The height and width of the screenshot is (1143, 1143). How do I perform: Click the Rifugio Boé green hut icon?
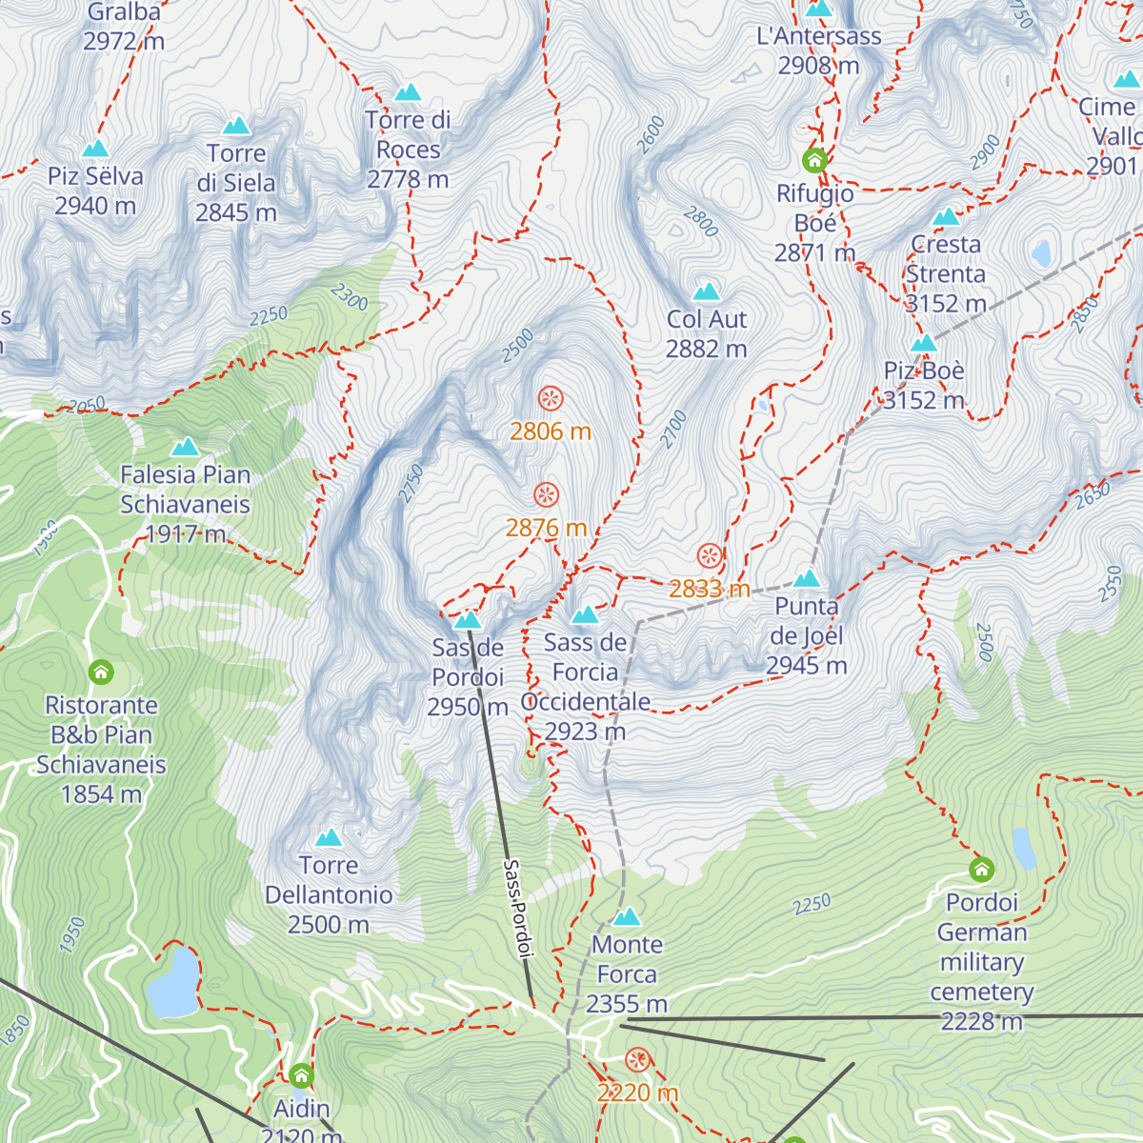(x=814, y=159)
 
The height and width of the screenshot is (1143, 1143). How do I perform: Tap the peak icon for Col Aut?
(x=707, y=291)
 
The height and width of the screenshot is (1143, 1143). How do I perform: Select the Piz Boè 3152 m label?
(x=924, y=385)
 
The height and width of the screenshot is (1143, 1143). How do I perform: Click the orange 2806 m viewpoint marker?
(x=550, y=398)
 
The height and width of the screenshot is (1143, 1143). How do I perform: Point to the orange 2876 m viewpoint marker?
(x=546, y=494)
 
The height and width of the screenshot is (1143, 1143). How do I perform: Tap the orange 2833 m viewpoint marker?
(x=710, y=555)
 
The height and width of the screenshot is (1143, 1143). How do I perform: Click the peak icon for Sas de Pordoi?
(x=467, y=621)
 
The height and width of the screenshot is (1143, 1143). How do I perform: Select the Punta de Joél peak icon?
(x=807, y=578)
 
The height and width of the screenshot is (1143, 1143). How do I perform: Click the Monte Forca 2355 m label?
(x=627, y=973)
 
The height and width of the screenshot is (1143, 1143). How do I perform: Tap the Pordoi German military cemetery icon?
(x=982, y=869)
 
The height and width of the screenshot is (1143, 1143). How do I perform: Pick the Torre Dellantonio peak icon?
(x=329, y=838)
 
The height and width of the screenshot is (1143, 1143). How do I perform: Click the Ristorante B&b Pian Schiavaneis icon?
(x=101, y=672)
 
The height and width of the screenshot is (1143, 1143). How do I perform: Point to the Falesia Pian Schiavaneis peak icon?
(x=185, y=447)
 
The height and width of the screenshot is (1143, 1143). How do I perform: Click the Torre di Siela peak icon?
(x=236, y=126)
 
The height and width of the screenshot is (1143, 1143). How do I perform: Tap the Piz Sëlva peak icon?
(x=95, y=149)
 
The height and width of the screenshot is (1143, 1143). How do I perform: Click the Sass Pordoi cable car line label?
(x=518, y=908)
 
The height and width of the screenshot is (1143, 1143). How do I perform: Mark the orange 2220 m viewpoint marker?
(x=638, y=1059)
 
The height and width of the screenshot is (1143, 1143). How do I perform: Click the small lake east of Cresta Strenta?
(x=1041, y=254)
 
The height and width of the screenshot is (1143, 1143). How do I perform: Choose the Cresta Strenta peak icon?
(x=946, y=217)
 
